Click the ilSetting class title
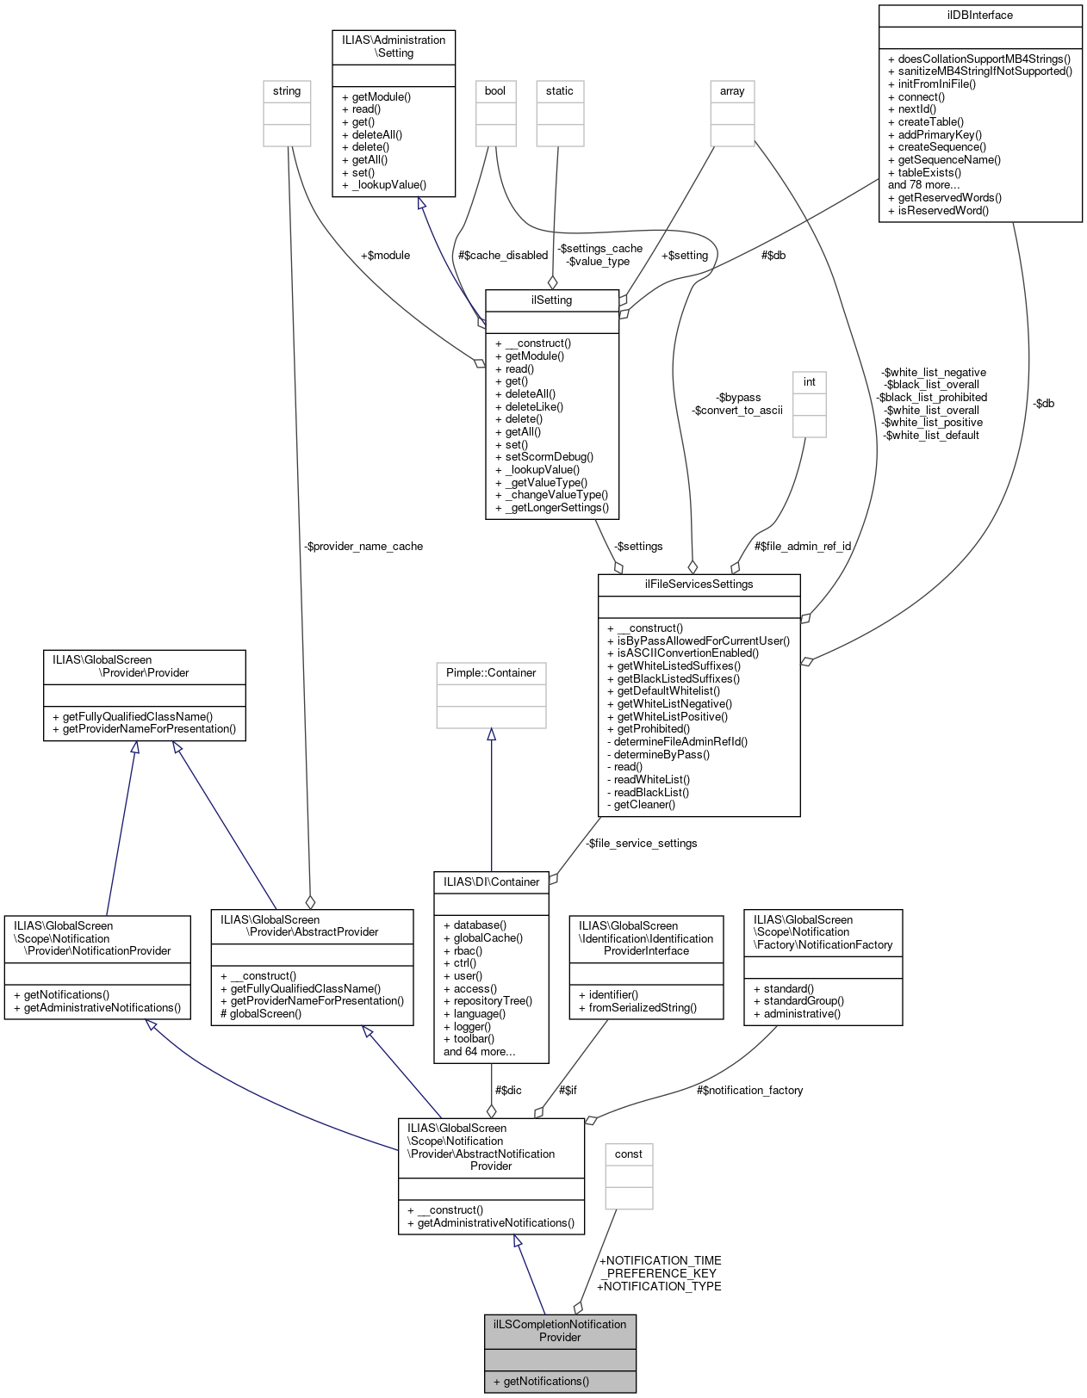[x=551, y=300]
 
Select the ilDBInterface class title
[x=979, y=15]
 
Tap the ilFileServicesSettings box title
[x=699, y=585]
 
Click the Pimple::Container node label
[x=491, y=673]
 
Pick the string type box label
[x=287, y=91]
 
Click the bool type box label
[x=495, y=91]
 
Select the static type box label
[x=559, y=91]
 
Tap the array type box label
[x=732, y=91]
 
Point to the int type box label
[x=809, y=382]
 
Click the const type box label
[x=629, y=1154]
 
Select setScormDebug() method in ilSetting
[x=549, y=457]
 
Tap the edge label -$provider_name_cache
[x=363, y=547]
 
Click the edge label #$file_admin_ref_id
[x=803, y=547]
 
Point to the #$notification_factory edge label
[x=749, y=1091]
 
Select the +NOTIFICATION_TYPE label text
[x=660, y=1287]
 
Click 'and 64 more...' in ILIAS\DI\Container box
[x=479, y=1052]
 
